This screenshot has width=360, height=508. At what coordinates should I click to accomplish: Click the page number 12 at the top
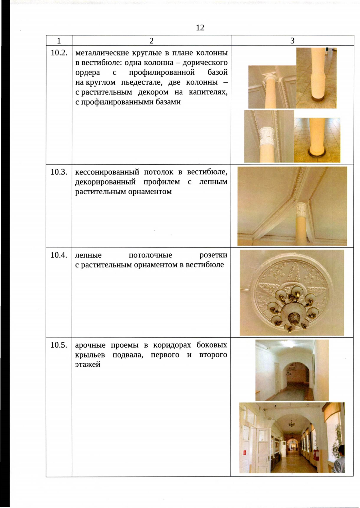click(x=200, y=28)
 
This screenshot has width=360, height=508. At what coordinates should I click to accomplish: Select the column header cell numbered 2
click(x=151, y=40)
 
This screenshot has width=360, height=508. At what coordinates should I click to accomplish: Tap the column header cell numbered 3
click(x=292, y=40)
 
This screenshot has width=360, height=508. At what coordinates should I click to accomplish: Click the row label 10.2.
click(x=59, y=53)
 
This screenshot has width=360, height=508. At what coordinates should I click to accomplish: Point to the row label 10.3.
click(x=59, y=172)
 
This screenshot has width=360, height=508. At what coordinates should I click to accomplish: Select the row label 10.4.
click(x=59, y=255)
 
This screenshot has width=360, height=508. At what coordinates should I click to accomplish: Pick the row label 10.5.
click(x=59, y=345)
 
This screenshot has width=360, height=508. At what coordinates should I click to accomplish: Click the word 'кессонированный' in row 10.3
click(x=107, y=172)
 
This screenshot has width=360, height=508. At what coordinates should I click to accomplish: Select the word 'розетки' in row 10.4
click(x=213, y=255)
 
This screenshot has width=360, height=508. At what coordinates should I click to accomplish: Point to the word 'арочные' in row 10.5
click(x=90, y=345)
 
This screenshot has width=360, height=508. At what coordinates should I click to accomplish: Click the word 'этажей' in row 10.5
click(x=88, y=365)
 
